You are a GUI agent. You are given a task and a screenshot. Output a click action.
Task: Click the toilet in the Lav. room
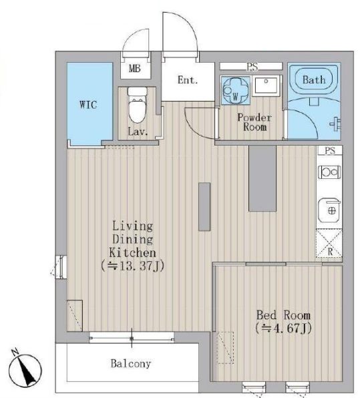(138, 105)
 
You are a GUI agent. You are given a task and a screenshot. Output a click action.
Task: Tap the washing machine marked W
(235, 91)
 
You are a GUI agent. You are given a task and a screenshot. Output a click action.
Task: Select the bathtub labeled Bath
(314, 79)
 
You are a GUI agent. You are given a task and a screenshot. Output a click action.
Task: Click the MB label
(135, 68)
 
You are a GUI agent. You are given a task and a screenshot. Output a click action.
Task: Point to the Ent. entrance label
(188, 80)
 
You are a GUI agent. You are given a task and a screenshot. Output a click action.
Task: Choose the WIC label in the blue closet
(88, 105)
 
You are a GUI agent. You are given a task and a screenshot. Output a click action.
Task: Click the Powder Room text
(254, 122)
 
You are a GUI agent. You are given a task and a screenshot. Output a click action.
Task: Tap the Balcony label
(131, 364)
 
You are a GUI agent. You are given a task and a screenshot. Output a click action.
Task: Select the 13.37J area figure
(132, 266)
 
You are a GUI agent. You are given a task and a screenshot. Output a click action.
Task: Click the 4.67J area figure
(283, 328)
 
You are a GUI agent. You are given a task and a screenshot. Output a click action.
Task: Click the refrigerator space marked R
(329, 244)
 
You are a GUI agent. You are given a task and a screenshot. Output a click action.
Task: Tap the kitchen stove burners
(329, 172)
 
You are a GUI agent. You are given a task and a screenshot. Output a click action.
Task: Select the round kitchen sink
(329, 210)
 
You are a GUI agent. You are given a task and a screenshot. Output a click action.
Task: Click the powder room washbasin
(266, 85)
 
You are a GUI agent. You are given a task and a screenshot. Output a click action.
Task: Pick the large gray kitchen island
(262, 178)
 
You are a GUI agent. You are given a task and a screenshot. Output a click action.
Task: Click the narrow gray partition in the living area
(204, 206)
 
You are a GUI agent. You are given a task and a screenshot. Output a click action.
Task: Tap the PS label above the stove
(330, 150)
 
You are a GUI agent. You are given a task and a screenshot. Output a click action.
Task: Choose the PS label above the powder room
(252, 67)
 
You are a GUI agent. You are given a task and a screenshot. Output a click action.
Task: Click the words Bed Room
(283, 315)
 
